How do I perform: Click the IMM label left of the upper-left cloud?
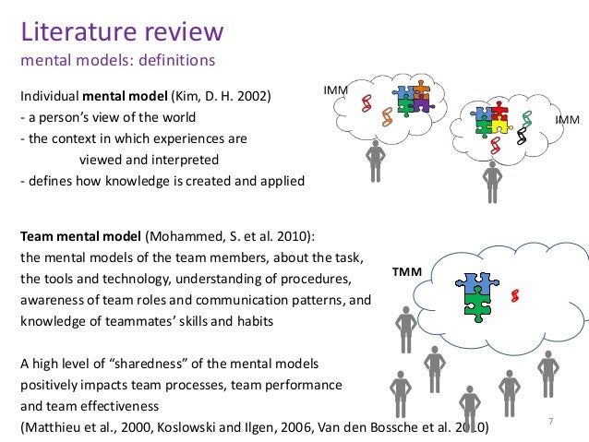(x=335, y=90)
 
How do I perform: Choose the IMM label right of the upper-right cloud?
(x=567, y=121)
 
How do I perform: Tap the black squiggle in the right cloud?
(x=523, y=137)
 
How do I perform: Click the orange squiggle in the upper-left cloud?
(x=378, y=114)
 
